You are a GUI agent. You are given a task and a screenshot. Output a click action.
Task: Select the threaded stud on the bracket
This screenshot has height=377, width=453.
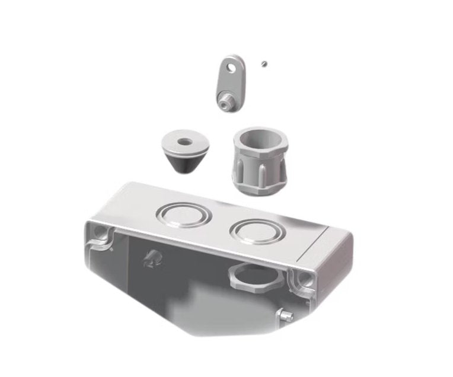[224, 104]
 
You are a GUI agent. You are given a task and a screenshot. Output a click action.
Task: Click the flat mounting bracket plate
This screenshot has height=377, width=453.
[228, 80]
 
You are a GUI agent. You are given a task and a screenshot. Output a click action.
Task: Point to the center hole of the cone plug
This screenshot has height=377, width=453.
[183, 142]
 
